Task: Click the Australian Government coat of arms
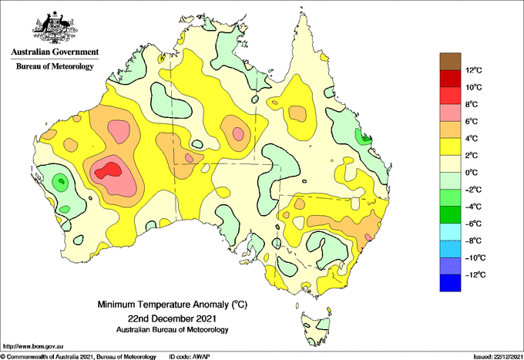tap(55, 28)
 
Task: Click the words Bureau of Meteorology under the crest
tap(55, 66)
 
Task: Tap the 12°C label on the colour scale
tap(474, 70)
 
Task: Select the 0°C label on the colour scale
tap(472, 173)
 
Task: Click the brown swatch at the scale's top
tap(450, 62)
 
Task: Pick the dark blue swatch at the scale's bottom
tap(450, 283)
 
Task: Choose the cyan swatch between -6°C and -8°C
tap(450, 232)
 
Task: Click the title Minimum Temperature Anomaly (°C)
tap(172, 304)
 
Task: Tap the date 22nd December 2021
tap(172, 318)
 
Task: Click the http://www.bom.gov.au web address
tap(33, 346)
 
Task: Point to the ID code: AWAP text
tap(190, 357)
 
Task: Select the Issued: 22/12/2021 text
tap(498, 357)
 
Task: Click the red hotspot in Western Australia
tap(109, 171)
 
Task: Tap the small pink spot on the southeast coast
tap(368, 237)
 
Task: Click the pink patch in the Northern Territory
tap(238, 133)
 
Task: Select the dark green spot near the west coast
tap(61, 181)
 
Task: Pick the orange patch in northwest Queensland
tap(297, 113)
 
